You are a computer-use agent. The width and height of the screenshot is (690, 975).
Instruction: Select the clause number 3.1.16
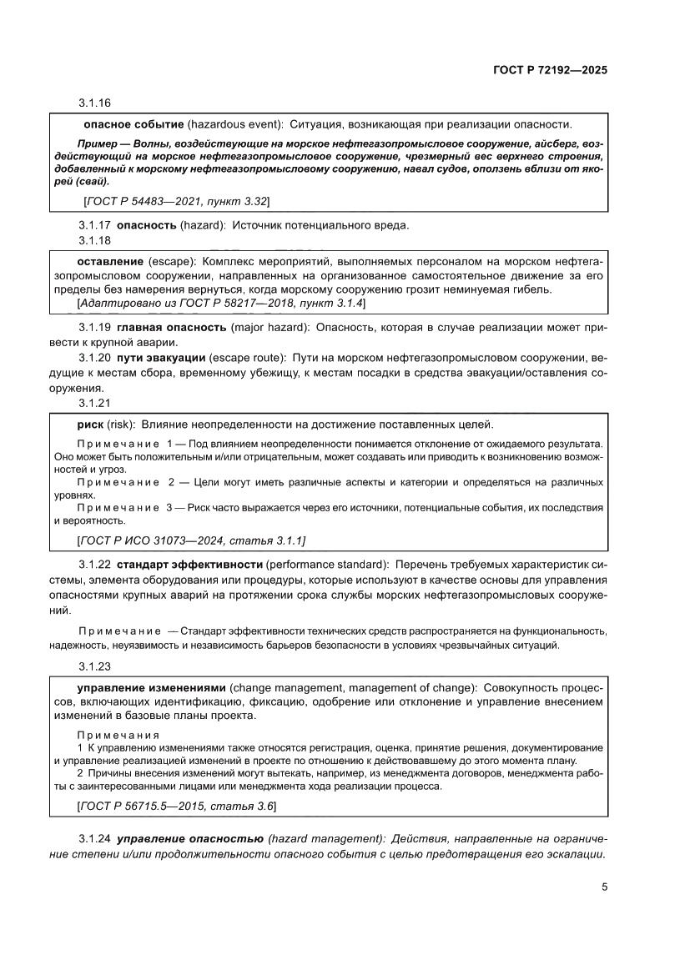pyautogui.click(x=95, y=104)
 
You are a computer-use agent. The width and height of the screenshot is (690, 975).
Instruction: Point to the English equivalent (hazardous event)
pyautogui.click(x=235, y=124)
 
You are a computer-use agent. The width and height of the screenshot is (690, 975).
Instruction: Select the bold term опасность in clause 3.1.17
pyautogui.click(x=146, y=225)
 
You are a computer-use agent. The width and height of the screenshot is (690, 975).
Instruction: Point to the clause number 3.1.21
pyautogui.click(x=95, y=404)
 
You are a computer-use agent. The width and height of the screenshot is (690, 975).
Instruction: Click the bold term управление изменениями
pyautogui.click(x=151, y=687)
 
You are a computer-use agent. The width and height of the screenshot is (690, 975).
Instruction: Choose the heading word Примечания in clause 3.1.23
pyautogui.click(x=118, y=735)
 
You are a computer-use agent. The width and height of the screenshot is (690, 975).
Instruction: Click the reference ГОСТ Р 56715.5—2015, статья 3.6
pyautogui.click(x=176, y=807)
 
